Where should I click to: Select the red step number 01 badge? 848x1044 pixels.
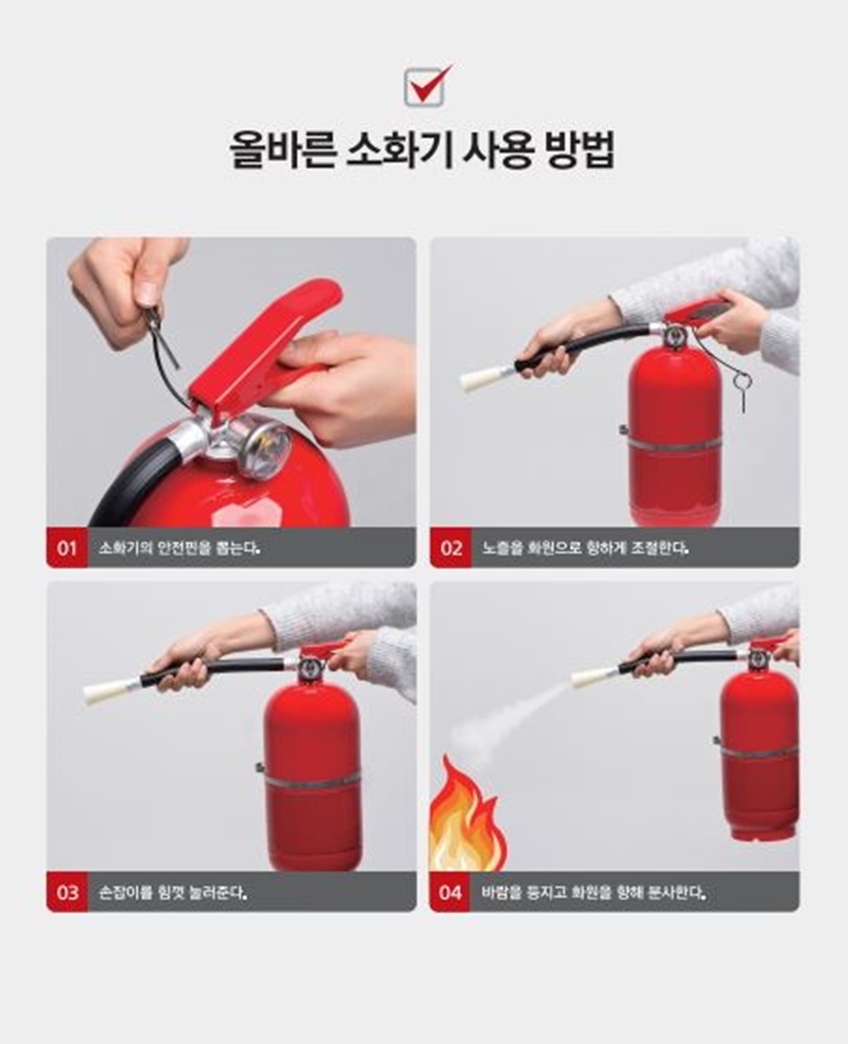(67, 548)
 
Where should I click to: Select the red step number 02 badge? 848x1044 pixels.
(451, 548)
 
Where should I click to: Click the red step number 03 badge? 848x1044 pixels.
(67, 892)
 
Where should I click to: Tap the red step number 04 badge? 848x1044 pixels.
(450, 892)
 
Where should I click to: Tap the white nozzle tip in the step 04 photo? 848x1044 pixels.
(591, 676)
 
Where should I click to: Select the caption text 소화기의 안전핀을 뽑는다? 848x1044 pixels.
(178, 549)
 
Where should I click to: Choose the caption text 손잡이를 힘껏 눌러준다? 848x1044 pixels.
(174, 893)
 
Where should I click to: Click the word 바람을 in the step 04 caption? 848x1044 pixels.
(502, 893)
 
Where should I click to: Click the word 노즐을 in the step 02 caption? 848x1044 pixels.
(502, 549)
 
